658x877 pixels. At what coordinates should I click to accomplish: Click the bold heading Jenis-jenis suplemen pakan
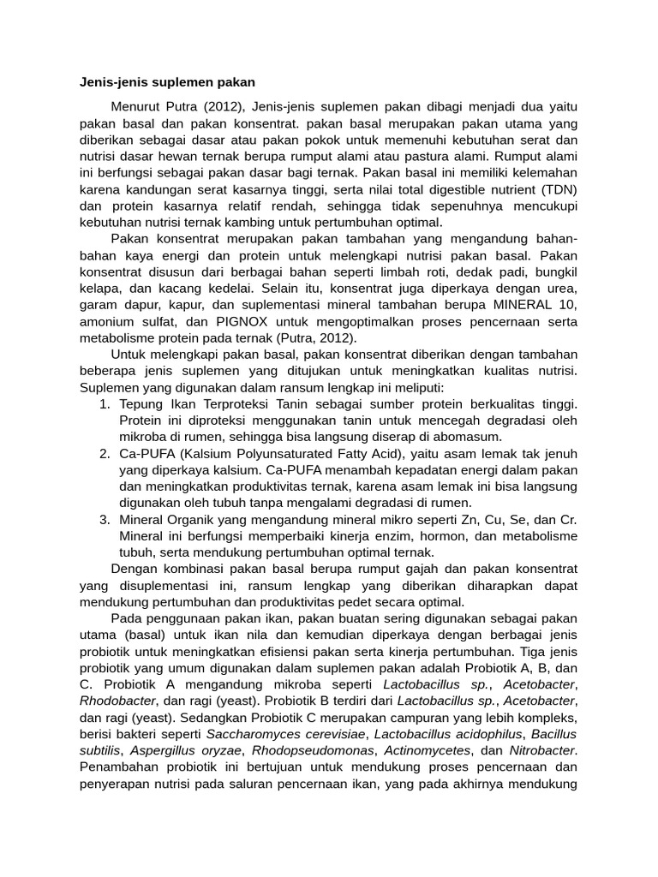tap(168, 83)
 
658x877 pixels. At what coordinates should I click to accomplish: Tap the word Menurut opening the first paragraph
tap(137, 106)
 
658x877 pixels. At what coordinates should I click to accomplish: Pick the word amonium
tap(107, 323)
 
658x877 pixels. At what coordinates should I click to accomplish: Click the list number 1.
tap(105, 404)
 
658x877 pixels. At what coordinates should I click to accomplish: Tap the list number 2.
tap(105, 454)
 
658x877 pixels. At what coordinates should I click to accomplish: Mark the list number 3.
tap(105, 520)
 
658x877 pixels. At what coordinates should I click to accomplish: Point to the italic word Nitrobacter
tap(541, 750)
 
